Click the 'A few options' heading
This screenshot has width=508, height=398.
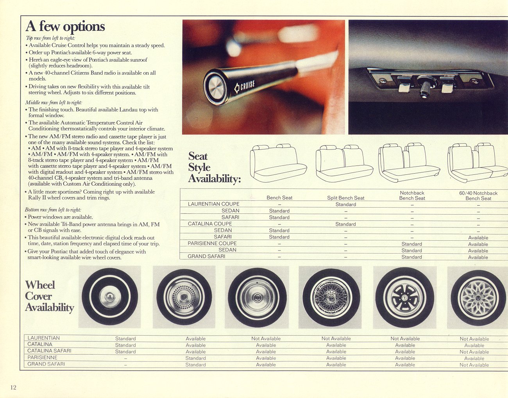(x=65, y=26)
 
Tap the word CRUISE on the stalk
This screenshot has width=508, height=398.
(x=248, y=85)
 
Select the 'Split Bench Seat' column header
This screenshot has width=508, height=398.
(x=345, y=198)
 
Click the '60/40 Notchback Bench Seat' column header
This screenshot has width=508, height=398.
(x=478, y=195)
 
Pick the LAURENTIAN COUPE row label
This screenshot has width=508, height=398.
(x=213, y=204)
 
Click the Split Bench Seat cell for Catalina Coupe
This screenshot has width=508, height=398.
(x=345, y=224)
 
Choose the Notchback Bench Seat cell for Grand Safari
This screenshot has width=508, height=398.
(x=412, y=257)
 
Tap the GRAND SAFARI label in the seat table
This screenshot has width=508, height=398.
(x=206, y=256)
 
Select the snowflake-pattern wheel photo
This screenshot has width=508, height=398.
(x=478, y=298)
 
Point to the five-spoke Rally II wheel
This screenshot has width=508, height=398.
(x=405, y=297)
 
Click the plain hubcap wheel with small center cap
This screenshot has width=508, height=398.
(x=110, y=297)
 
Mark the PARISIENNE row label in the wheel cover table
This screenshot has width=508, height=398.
(x=42, y=357)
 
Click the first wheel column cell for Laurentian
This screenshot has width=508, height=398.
(x=125, y=338)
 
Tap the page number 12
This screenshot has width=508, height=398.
(x=13, y=387)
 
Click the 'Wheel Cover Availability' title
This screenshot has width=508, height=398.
(x=49, y=296)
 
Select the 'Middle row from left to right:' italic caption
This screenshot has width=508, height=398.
(x=54, y=103)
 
